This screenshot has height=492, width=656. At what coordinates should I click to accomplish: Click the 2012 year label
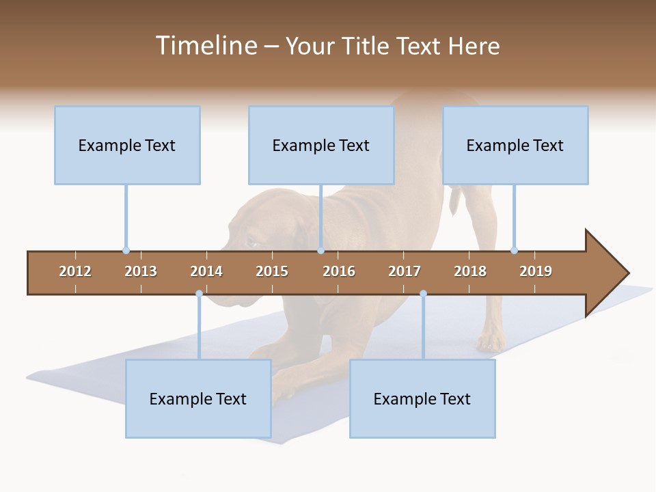click(75, 271)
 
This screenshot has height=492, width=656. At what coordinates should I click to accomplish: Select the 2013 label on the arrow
click(141, 271)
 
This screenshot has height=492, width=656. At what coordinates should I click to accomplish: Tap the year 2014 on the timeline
click(206, 271)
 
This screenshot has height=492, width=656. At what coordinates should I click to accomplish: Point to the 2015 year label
click(272, 271)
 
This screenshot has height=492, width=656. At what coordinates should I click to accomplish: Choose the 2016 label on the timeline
click(339, 271)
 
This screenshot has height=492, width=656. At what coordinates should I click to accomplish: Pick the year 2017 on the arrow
click(405, 271)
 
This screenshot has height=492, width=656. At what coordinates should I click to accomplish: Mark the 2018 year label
click(470, 271)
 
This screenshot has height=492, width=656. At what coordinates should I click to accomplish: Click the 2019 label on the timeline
click(536, 271)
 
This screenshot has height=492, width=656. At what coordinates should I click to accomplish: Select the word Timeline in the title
click(206, 46)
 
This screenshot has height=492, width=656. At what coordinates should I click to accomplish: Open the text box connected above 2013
click(127, 146)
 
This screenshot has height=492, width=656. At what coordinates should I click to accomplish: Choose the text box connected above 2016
click(321, 146)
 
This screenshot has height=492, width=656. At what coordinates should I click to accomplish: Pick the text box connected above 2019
click(515, 146)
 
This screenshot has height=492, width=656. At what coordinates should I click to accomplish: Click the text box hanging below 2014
click(198, 399)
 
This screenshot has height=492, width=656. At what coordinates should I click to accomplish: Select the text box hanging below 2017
click(422, 399)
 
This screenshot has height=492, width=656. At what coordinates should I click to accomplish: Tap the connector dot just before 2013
click(126, 250)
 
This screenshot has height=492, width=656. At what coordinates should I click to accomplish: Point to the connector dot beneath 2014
click(199, 294)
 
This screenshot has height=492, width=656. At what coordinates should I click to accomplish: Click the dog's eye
click(251, 243)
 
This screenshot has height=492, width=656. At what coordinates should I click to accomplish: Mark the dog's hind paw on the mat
click(490, 342)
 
